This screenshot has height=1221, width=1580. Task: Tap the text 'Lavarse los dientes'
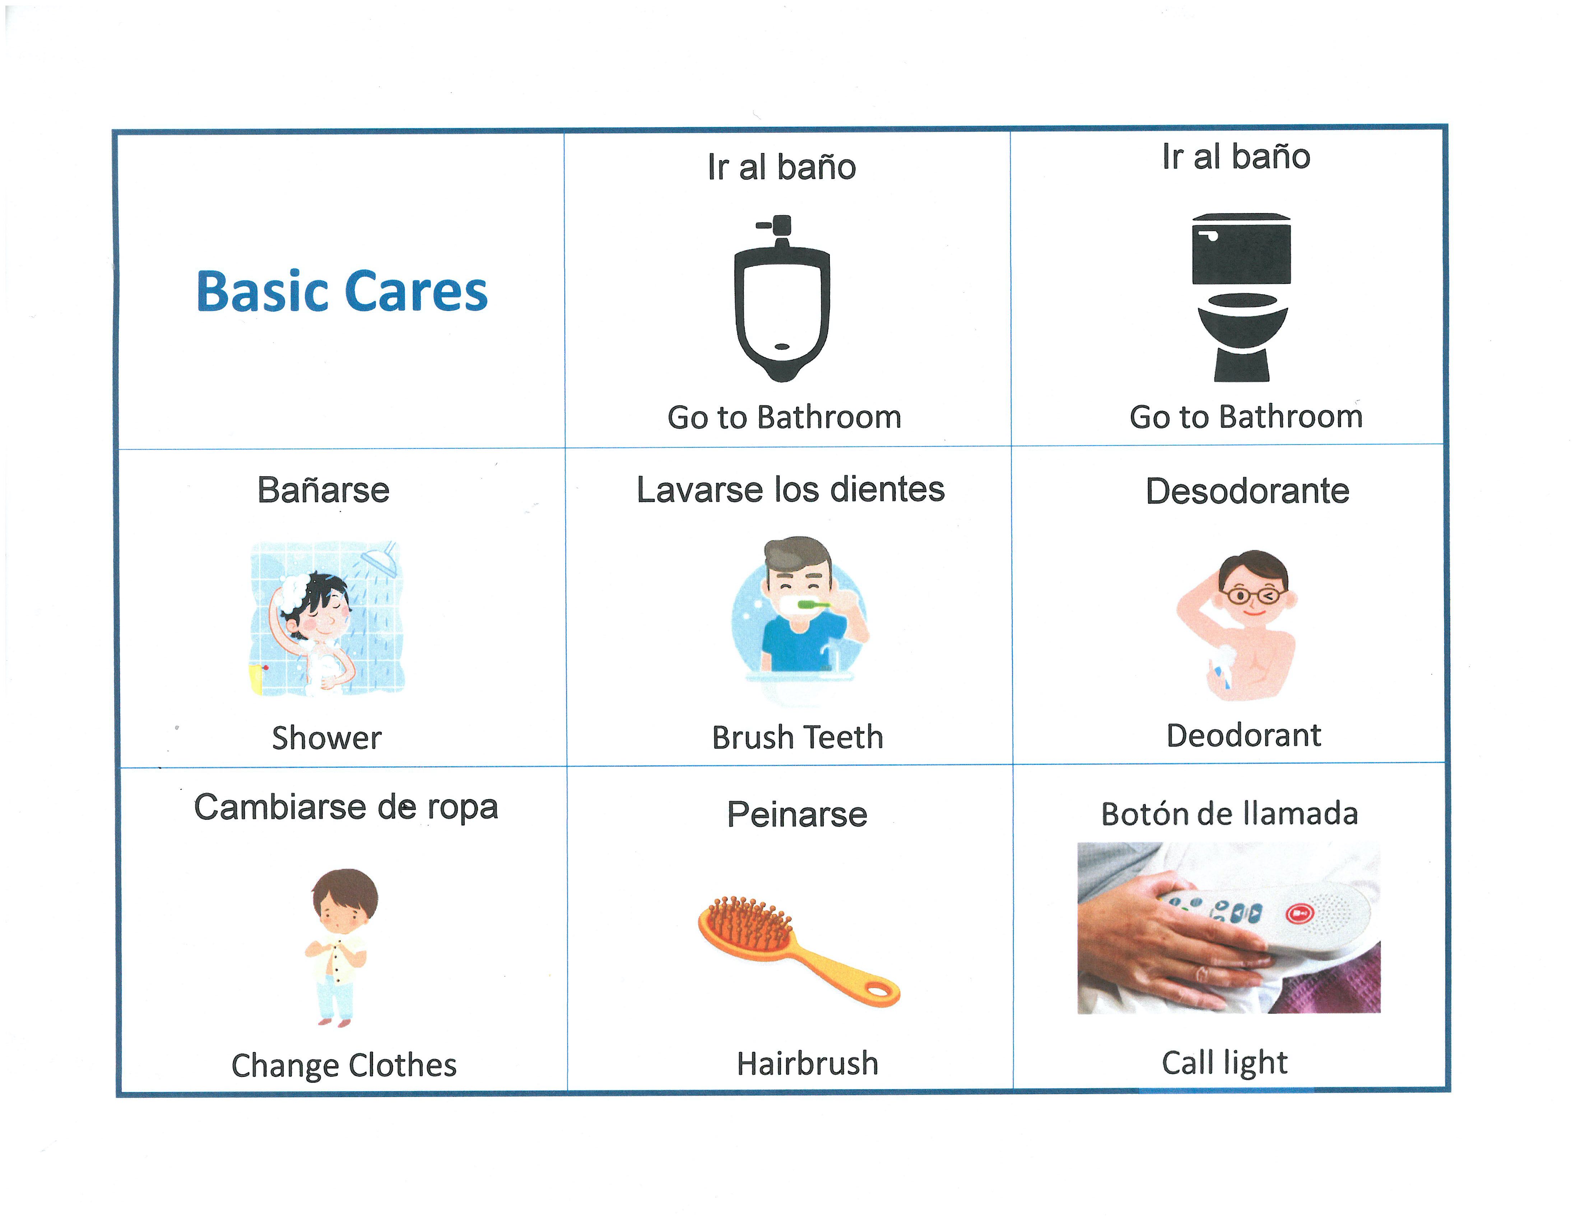[791, 490]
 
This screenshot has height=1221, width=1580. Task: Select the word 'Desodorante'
[1247, 491]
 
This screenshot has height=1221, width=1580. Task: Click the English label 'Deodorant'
[1244, 735]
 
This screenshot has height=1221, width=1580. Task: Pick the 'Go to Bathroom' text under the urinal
[784, 417]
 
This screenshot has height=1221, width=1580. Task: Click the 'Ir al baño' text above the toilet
[1236, 156]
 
